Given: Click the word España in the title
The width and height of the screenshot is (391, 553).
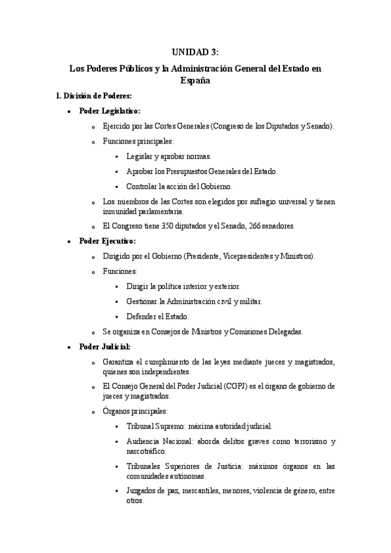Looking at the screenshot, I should pos(195,81).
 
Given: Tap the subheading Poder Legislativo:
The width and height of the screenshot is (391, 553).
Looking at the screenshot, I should pos(109,111).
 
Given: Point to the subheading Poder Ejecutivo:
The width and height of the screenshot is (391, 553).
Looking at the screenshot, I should pos(107,241).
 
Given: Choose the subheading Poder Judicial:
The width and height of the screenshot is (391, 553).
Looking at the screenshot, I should pos(104,346).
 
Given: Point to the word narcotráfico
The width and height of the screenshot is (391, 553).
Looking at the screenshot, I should pos(146,451).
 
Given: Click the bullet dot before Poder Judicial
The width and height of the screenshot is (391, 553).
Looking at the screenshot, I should pos(69,347).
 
